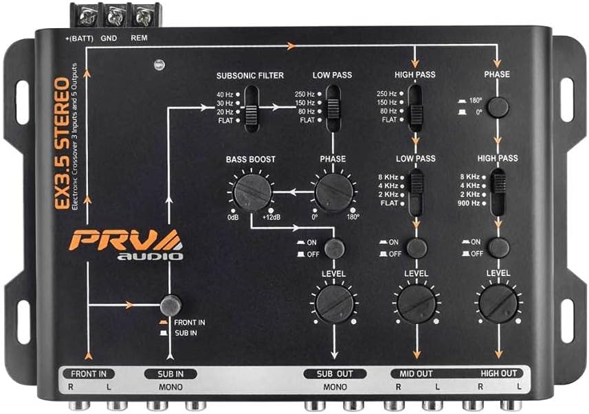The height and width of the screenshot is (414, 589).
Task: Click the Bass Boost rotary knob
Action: [252, 192]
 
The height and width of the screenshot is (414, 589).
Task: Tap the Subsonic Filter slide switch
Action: [252, 109]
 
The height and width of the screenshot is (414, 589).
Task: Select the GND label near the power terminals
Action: [109, 38]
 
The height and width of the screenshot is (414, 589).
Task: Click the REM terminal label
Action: [139, 38]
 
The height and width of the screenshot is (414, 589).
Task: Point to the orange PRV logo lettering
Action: [124, 240]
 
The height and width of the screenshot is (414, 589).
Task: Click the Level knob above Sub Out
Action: [334, 303]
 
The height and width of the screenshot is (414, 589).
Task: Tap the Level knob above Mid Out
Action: [416, 303]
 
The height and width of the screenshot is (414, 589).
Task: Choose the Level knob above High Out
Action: [498, 303]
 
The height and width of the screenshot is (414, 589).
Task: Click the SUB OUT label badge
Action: [335, 374]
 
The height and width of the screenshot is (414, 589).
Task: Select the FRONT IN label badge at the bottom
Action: [89, 374]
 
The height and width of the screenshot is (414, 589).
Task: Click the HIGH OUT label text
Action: [499, 373]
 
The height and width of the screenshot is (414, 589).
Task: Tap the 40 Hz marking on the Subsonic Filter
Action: [225, 95]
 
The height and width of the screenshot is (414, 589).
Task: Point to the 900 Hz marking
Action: [469, 203]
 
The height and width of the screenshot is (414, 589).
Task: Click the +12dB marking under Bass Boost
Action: [271, 218]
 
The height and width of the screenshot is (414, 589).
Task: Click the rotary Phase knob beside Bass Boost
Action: [333, 192]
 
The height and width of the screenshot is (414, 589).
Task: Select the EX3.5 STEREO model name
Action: [62, 143]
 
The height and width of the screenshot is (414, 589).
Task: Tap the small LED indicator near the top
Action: [159, 65]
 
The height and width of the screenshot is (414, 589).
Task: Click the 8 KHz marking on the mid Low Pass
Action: [388, 177]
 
